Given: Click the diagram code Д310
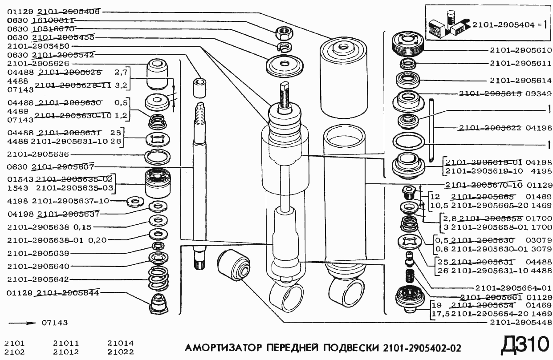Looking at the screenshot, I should pyautogui.click(x=524, y=345).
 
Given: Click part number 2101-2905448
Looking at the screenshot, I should pyautogui.click(x=520, y=323).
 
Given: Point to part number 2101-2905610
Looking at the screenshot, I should pyautogui.click(x=520, y=50).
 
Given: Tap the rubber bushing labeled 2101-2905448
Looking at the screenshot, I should pyautogui.click(x=233, y=265).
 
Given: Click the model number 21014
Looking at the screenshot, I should pyautogui.click(x=120, y=343).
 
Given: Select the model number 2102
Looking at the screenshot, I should pyautogui.click(x=14, y=352).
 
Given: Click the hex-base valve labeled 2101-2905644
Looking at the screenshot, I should pyautogui.click(x=159, y=304).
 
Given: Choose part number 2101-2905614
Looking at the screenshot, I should pyautogui.click(x=520, y=81).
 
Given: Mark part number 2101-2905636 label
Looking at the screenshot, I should pyautogui.click(x=38, y=154).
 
